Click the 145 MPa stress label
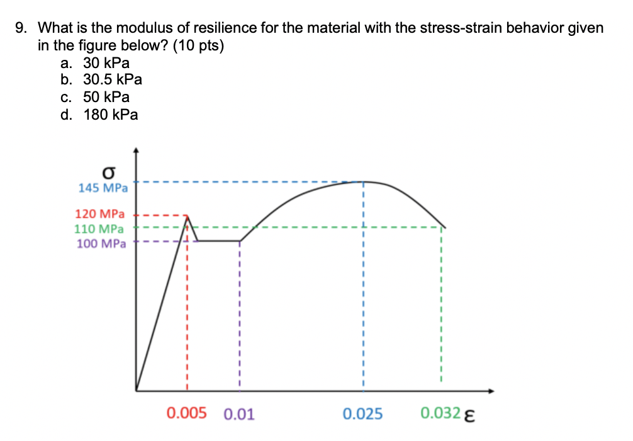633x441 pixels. (103, 188)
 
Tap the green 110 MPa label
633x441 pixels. (100, 229)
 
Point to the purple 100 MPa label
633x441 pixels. (101, 243)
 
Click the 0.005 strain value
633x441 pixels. (186, 413)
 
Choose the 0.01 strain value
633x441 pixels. (239, 414)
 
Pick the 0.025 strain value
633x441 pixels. (363, 414)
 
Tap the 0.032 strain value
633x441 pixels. (440, 414)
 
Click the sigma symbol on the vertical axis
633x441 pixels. (110, 173)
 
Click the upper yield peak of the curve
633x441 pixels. (187, 215)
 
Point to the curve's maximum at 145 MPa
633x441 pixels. (363, 181)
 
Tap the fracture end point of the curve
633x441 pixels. (445, 227)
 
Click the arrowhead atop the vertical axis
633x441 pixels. (136, 151)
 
